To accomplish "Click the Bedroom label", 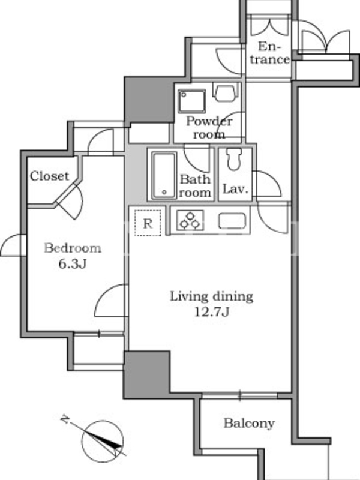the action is pos(73,248).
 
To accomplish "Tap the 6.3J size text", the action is pos(72,263).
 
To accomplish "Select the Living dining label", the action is pos(212,296).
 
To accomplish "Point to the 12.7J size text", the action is pos(212,312).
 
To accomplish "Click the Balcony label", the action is pos(249,423).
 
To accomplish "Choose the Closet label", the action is pos(49,176).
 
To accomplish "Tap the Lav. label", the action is pos(235,189).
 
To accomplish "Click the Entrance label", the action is pos(269,53).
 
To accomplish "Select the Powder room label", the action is pos(209,128).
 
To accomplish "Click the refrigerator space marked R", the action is pos(148,223).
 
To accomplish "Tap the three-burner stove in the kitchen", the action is pos(190,220).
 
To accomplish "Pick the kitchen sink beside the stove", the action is pos(232,221).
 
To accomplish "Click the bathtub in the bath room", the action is pos(164,175).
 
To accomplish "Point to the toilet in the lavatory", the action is pos(235,159).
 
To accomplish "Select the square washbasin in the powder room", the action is pos(192,101).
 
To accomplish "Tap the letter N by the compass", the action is pos(65,419).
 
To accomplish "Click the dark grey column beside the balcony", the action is pos(146,374).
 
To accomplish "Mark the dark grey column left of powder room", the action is pos(149,100).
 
